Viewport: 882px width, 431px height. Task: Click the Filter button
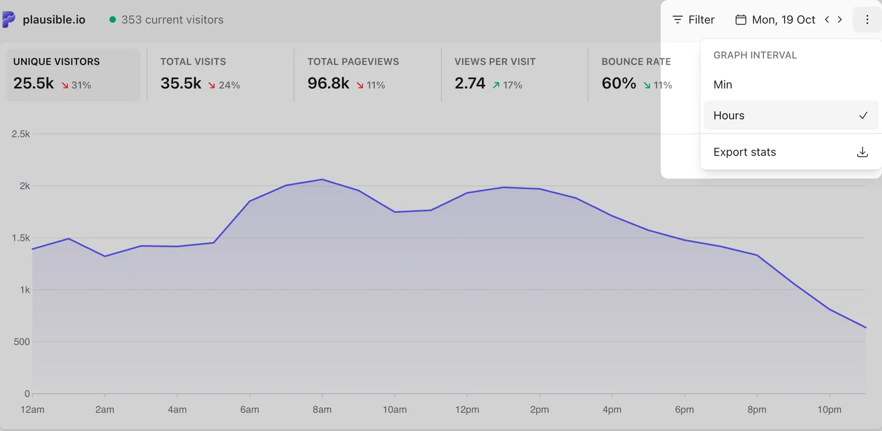(693, 20)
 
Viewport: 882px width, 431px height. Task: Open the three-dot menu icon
(867, 20)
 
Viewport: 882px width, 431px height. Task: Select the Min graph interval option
(723, 84)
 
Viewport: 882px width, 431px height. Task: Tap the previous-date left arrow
(827, 19)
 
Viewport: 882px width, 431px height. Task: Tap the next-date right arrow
(840, 19)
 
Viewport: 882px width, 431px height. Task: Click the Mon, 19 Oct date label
(783, 20)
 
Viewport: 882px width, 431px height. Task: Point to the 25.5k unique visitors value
(34, 83)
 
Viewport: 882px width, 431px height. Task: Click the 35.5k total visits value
(181, 83)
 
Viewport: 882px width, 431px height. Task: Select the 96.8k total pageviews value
(328, 83)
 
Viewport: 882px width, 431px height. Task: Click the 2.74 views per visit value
(470, 83)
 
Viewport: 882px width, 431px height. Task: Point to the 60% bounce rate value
(619, 83)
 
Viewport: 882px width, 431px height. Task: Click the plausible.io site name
(54, 20)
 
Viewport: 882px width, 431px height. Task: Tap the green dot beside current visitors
(112, 19)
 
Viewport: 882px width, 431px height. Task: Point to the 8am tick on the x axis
(322, 395)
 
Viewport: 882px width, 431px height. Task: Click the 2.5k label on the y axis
(20, 134)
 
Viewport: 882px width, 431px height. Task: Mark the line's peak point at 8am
(322, 179)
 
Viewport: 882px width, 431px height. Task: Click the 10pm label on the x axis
(829, 409)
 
